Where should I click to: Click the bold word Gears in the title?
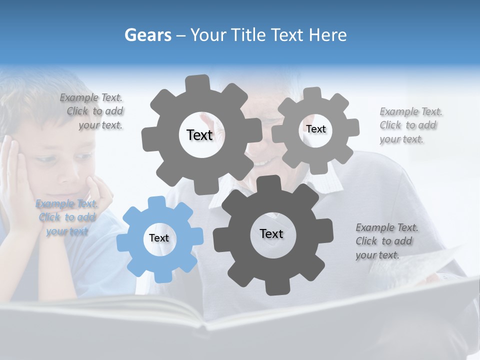pos(147,35)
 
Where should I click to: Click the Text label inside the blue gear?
pos(159,238)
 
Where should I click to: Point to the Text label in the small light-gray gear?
pos(315,129)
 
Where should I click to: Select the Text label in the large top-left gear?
pos(199,135)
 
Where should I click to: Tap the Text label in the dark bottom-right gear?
pos(271,233)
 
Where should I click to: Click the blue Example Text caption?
pos(67,217)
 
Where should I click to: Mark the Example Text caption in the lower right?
pos(386,241)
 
